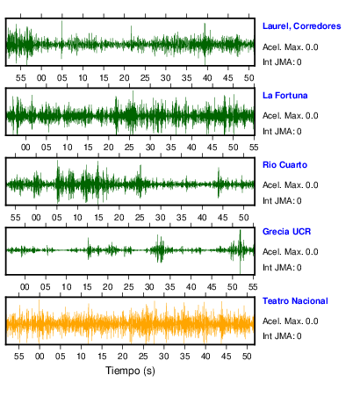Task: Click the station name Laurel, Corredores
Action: pos(301,26)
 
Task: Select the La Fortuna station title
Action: pos(284,96)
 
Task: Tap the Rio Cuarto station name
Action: pos(284,165)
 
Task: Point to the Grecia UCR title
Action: pos(286,232)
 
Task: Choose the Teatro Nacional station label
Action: pos(295,301)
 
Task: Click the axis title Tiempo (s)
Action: pos(130,371)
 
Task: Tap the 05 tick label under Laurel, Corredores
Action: pos(62,78)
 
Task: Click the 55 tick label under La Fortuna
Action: pos(254,148)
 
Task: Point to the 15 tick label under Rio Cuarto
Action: pos(98,218)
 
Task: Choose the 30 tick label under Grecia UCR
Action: pos(149,287)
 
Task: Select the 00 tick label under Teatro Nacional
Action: pos(40,357)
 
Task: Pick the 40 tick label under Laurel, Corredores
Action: pos(207,78)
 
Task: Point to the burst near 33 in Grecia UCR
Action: pos(160,249)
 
